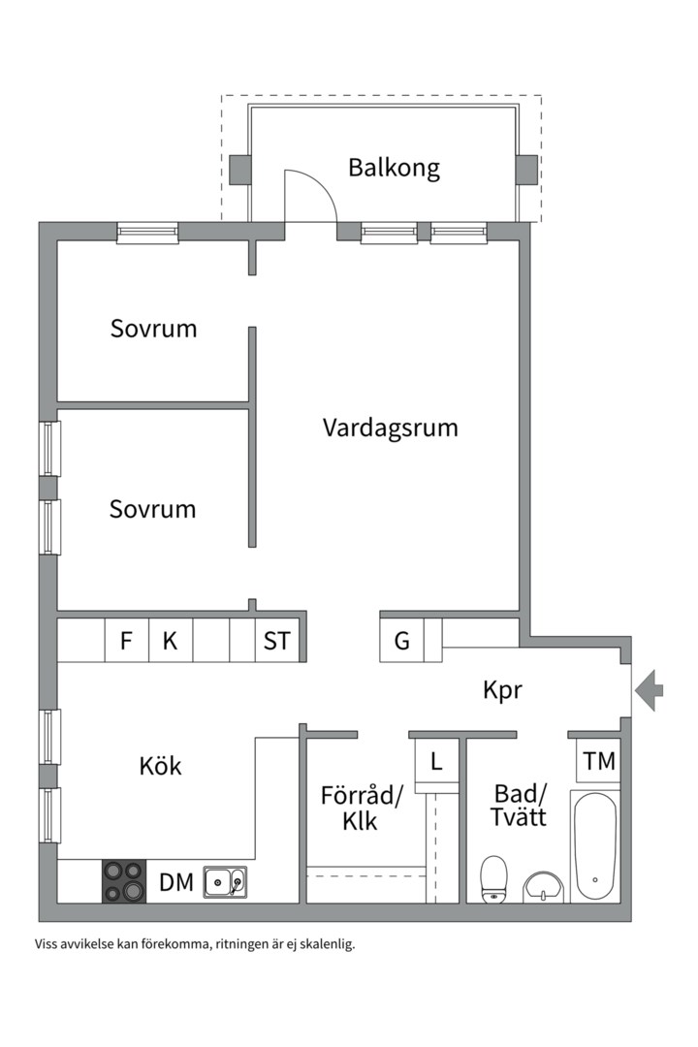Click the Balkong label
(x=394, y=168)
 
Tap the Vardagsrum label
(x=390, y=428)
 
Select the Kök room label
(x=160, y=766)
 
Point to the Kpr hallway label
(x=502, y=690)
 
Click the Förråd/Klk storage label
(x=361, y=809)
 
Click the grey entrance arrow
(x=650, y=690)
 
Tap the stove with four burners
(x=123, y=881)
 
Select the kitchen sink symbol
(x=225, y=881)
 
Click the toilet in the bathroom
(x=494, y=878)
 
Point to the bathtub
(x=593, y=847)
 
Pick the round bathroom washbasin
(x=544, y=886)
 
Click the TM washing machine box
(x=599, y=761)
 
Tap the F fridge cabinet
(x=126, y=641)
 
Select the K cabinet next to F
(x=170, y=641)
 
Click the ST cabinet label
(x=277, y=641)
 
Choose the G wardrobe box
(x=401, y=641)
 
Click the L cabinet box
(x=436, y=761)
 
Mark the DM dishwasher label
(x=176, y=882)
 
